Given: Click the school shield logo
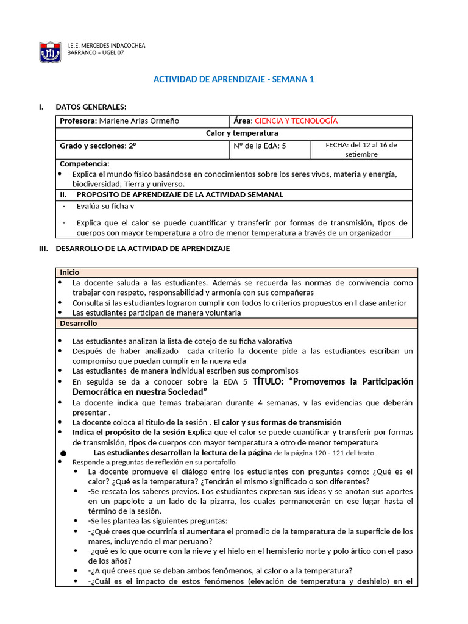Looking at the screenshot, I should [49, 52].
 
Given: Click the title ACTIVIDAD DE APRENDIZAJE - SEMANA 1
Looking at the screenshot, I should [233, 80].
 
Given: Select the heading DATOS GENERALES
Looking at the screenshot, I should [91, 107].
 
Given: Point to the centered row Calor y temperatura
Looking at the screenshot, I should [233, 133].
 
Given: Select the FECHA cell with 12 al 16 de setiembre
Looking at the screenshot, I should [361, 149].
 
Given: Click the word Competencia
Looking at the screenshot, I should [84, 164].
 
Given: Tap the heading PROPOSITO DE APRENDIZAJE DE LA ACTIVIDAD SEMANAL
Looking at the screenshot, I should [179, 194].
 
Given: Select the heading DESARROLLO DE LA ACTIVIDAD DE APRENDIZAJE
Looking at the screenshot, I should [142, 248].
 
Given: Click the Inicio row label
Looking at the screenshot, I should [69, 272].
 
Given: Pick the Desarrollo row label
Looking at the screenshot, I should [78, 323].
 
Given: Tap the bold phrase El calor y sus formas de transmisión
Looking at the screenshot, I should [277, 422].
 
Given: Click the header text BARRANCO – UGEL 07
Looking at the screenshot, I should [97, 53].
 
